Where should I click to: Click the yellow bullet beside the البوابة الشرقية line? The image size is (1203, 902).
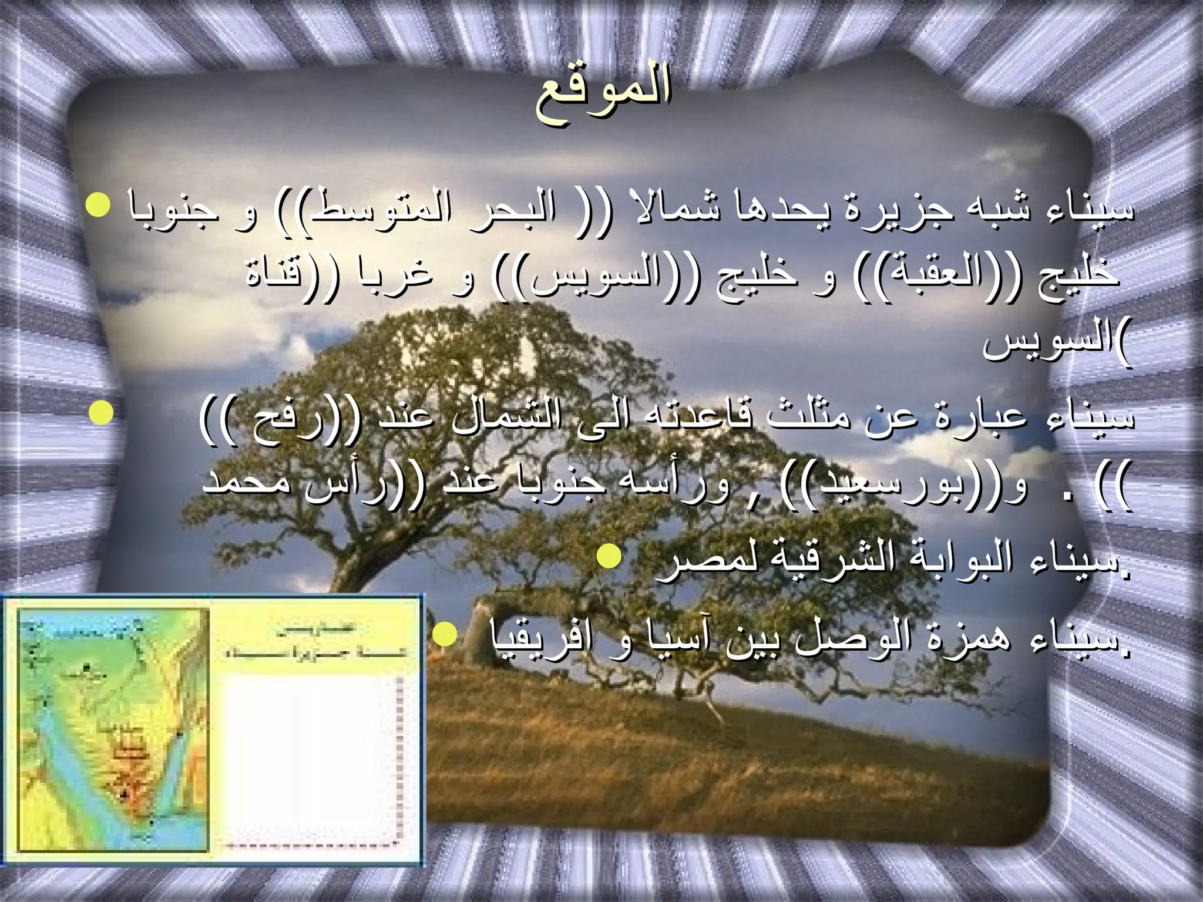pyautogui.click(x=609, y=555)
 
